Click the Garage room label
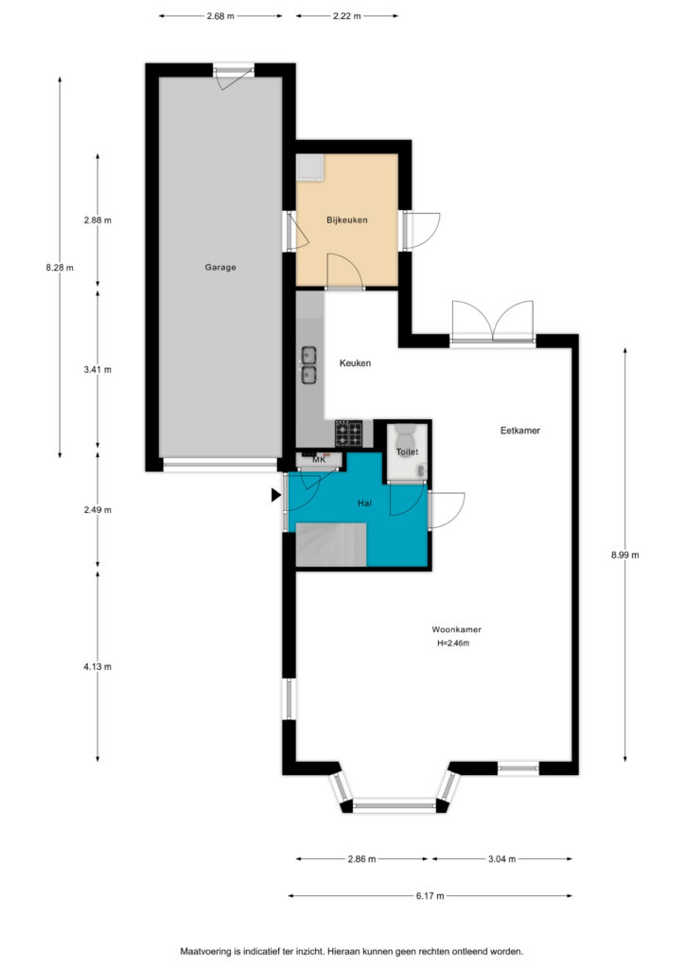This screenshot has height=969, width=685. [x=220, y=267]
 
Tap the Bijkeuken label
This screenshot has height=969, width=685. [x=347, y=220]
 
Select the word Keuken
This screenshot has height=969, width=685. [x=355, y=362]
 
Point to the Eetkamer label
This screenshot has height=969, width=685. [x=520, y=431]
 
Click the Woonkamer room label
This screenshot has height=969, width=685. [x=456, y=629]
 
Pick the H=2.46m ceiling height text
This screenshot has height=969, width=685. [x=453, y=643]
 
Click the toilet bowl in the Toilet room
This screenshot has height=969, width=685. [x=406, y=431]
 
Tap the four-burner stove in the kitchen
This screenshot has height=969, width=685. [x=349, y=433]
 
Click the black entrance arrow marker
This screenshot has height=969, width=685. [x=276, y=494]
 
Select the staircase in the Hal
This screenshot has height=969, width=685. [x=331, y=544]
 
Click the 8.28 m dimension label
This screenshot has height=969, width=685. [x=60, y=268]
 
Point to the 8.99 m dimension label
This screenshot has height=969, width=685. [x=625, y=555]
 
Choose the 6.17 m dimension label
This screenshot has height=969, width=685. [x=430, y=895]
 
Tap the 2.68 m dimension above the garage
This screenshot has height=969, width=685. [x=220, y=16]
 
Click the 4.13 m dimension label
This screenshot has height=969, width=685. [x=97, y=666]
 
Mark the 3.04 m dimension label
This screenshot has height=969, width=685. [x=501, y=858]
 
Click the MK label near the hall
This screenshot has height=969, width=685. [x=319, y=459]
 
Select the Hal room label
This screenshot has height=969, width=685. [x=364, y=503]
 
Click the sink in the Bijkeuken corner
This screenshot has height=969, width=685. [x=309, y=167]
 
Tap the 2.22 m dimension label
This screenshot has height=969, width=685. [x=346, y=16]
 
